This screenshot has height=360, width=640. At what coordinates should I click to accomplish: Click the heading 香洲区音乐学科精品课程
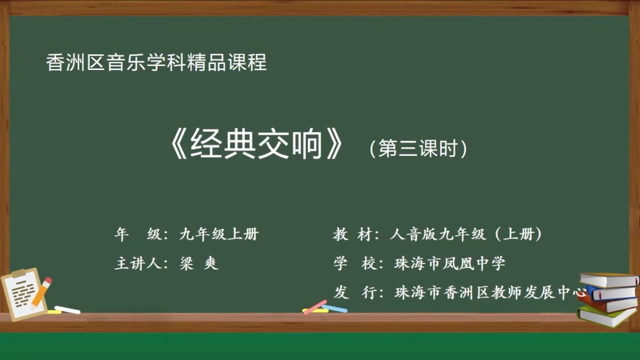[156, 63]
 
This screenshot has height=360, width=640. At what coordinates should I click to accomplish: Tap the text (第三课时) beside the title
[418, 149]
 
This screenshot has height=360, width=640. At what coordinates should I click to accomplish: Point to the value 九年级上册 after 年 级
[218, 234]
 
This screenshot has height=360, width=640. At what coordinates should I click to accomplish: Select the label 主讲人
[137, 263]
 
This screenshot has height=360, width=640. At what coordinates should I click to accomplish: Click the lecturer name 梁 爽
[199, 263]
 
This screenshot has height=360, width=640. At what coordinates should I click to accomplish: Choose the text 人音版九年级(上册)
[465, 234]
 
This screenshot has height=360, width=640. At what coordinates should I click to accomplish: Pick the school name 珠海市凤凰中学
[449, 263]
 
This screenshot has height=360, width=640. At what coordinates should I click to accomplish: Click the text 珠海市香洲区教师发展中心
[489, 292]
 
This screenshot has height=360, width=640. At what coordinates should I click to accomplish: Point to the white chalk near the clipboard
[67, 309]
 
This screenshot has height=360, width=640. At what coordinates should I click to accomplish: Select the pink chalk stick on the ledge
[315, 307]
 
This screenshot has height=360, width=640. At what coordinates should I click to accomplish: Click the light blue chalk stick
[335, 308]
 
